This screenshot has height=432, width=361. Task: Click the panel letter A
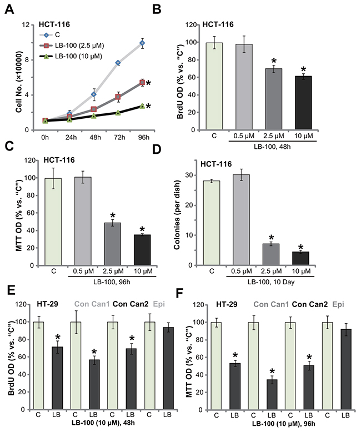[x=11, y=8]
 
